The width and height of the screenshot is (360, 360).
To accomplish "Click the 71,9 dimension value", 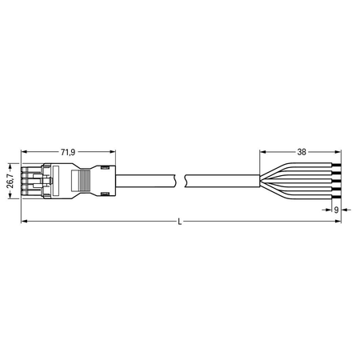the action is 68,152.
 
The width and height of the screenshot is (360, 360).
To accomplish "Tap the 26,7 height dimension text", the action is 10,181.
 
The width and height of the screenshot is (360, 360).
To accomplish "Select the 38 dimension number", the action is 302,152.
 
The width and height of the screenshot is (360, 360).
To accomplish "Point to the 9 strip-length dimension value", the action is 336,210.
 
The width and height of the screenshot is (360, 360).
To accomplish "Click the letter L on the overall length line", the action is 180,222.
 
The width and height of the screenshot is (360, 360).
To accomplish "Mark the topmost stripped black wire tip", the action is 337,166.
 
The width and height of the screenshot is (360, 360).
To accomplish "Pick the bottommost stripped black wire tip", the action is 337,198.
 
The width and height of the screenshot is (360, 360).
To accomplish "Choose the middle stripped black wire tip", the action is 337,182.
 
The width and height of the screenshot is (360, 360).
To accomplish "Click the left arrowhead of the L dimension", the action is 24,222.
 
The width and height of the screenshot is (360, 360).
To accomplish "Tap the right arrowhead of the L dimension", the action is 338,222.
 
